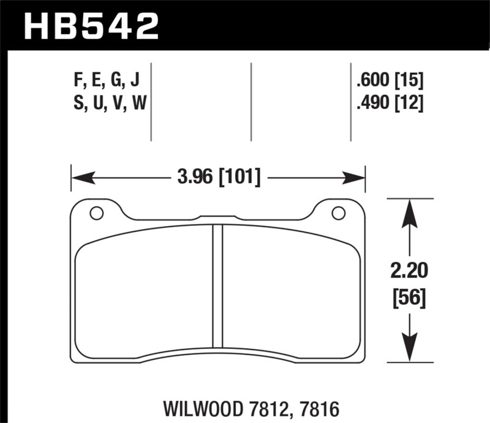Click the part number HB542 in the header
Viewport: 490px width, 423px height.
pos(91,26)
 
